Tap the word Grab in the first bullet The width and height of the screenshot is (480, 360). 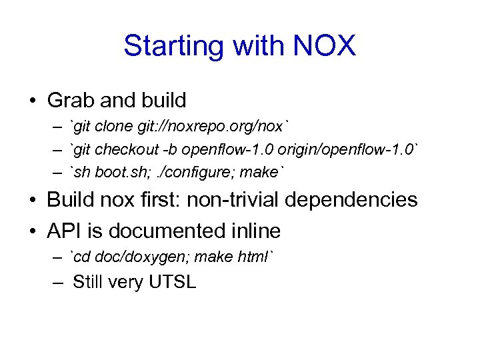[72, 101]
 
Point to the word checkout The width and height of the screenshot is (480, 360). [131, 149]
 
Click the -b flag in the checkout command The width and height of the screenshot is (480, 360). [175, 149]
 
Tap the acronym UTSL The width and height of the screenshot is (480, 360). [172, 282]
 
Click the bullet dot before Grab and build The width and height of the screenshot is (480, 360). [32, 101]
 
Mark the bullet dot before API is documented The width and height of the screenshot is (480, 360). [32, 231]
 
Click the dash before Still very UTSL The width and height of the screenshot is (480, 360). [59, 282]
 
